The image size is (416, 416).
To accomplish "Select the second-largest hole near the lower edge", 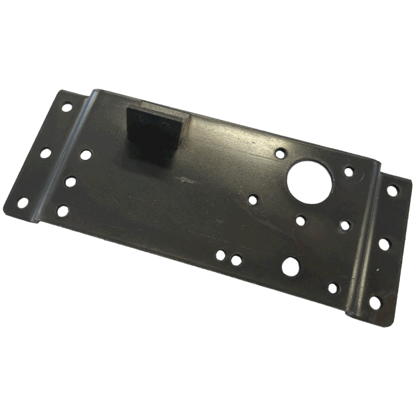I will (x=292, y=265).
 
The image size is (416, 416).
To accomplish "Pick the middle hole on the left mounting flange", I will (x=44, y=153).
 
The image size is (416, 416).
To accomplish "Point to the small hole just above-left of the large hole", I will (x=280, y=153).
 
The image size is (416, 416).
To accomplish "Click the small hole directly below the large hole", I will (x=301, y=220).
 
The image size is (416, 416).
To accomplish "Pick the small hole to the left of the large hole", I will (x=254, y=198).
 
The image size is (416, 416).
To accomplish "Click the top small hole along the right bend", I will (x=350, y=173).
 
